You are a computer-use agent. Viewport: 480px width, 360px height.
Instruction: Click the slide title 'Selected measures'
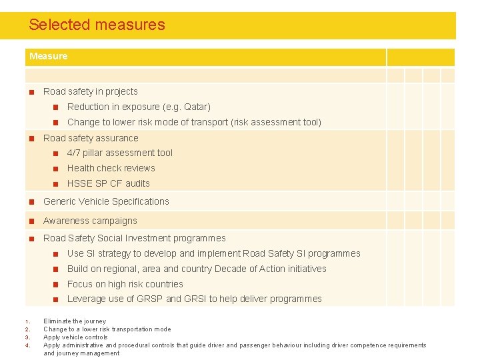click(x=97, y=25)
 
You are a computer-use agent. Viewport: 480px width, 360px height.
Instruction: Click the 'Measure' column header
click(x=48, y=57)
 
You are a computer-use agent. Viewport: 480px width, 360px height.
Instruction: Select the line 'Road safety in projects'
click(x=90, y=92)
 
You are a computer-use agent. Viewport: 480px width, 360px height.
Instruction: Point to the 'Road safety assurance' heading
click(x=91, y=139)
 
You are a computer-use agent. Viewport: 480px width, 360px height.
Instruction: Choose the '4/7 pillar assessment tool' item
click(x=119, y=153)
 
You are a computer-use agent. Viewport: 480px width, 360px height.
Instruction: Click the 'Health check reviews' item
click(x=111, y=169)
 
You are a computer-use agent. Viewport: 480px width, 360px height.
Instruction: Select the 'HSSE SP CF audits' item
click(x=108, y=184)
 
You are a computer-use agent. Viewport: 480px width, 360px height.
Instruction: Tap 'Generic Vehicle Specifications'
click(x=106, y=202)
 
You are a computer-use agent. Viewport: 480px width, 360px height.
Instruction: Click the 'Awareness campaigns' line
click(x=90, y=221)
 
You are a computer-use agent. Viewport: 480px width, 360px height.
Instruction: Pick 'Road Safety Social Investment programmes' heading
click(x=134, y=239)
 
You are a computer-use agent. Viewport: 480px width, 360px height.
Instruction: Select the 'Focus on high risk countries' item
click(x=125, y=285)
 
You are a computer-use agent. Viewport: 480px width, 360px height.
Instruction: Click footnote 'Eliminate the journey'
click(x=75, y=321)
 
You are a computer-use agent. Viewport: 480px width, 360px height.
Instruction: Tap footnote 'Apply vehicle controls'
click(x=75, y=337)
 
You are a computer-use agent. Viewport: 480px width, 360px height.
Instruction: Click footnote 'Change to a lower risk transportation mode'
click(x=107, y=329)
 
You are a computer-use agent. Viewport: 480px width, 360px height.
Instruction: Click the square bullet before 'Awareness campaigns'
click(x=31, y=221)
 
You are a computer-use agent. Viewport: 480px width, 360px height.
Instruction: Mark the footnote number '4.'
click(x=27, y=345)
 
